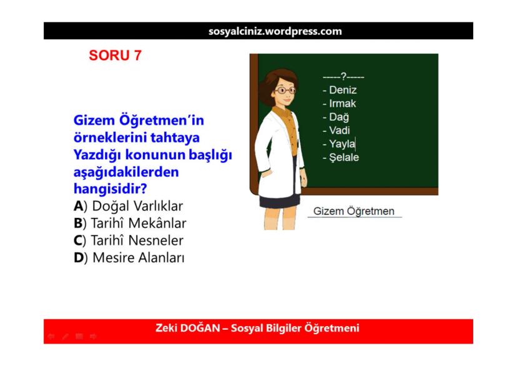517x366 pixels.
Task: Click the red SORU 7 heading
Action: (115, 56)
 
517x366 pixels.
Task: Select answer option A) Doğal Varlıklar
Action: (129, 206)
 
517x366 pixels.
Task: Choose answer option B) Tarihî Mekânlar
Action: (130, 223)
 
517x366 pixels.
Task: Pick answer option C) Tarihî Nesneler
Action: (129, 240)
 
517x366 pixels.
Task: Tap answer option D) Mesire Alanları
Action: (129, 257)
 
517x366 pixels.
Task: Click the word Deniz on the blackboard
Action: (343, 90)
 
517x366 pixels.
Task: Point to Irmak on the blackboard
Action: (342, 104)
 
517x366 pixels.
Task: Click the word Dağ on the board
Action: (339, 117)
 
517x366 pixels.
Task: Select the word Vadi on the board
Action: (339, 131)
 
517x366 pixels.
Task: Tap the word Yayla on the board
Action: (342, 144)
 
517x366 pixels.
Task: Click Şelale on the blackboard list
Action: (344, 157)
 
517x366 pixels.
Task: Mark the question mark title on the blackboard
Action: (343, 77)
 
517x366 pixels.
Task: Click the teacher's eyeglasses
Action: (284, 91)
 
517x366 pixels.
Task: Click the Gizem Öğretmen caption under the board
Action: (354, 211)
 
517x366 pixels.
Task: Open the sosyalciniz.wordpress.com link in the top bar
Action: (275, 31)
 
